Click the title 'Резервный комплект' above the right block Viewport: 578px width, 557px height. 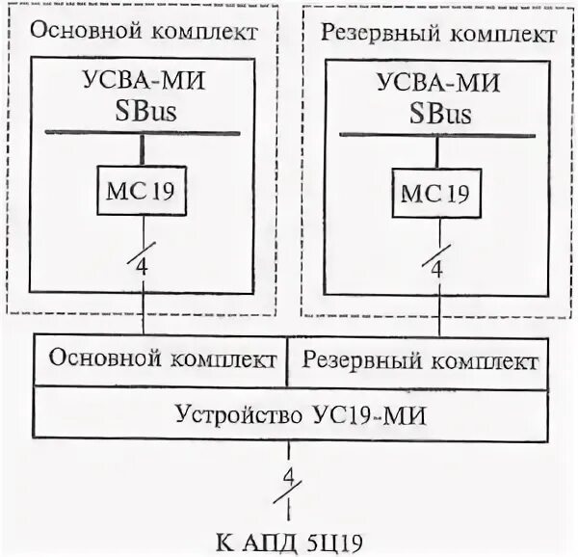pos(436,34)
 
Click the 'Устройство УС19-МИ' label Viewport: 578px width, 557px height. pos(289,414)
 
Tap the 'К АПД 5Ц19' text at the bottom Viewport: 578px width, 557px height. pos(289,538)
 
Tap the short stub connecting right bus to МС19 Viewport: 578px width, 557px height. pos(436,149)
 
